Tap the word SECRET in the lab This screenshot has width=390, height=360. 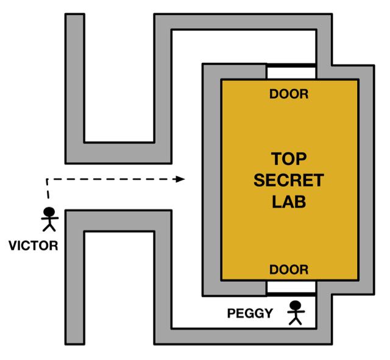(x=289, y=181)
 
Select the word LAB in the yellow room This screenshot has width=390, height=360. (x=289, y=202)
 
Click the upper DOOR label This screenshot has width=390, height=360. (x=289, y=94)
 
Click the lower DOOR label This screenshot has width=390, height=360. (x=289, y=269)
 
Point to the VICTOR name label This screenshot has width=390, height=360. (x=34, y=247)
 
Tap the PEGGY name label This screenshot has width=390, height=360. (x=249, y=314)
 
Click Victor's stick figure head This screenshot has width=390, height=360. (x=49, y=214)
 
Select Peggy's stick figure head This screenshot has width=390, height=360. (x=296, y=306)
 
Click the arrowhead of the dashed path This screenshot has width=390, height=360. (x=181, y=179)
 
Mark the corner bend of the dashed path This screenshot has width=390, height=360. (x=46, y=180)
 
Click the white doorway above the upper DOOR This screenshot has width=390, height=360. (x=291, y=73)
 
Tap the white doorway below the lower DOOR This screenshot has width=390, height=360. (x=291, y=287)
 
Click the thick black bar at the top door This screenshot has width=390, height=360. (x=291, y=65)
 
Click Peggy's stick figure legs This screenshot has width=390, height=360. (x=296, y=320)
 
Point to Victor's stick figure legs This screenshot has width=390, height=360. (x=49, y=228)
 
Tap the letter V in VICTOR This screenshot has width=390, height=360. (x=13, y=247)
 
